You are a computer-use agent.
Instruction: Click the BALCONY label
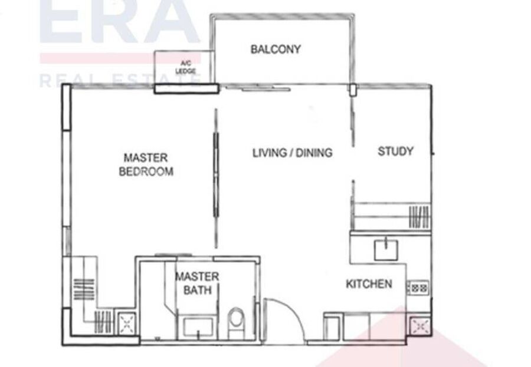(276, 49)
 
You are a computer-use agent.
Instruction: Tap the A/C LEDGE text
(186, 67)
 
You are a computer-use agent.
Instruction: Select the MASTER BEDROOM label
(146, 164)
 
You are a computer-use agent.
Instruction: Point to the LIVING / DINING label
(292, 153)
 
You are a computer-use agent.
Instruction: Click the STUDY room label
(395, 151)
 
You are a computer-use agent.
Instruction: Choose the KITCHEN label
(369, 284)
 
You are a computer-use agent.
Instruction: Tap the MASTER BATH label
(196, 283)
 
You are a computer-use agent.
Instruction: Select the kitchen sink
(386, 249)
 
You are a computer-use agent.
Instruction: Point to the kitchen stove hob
(418, 288)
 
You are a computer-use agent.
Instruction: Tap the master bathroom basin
(198, 326)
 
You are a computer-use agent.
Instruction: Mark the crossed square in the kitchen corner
(419, 326)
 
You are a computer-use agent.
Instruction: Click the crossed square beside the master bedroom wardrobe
(127, 324)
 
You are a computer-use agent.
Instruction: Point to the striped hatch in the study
(419, 217)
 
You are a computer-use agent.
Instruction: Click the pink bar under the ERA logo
(120, 58)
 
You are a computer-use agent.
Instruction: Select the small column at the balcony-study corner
(353, 90)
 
